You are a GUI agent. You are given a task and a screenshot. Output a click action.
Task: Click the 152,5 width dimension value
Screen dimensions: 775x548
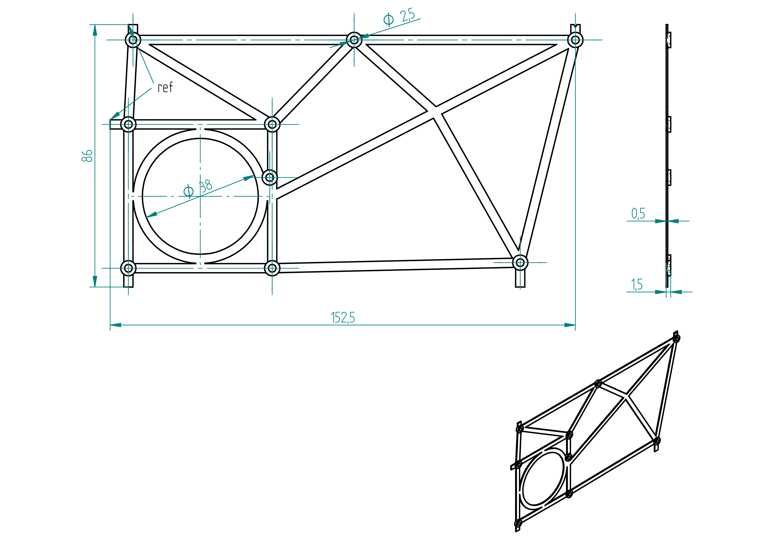(x=343, y=318)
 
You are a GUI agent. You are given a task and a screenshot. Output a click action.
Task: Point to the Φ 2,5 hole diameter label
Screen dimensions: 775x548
(x=399, y=17)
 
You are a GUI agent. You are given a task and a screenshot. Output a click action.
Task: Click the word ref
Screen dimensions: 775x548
(x=165, y=87)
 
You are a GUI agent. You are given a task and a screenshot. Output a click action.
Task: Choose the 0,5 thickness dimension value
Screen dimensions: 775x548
(x=638, y=213)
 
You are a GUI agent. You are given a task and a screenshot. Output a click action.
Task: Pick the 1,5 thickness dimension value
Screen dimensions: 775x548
(x=637, y=284)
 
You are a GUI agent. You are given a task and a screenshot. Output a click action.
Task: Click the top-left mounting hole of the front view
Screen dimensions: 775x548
(x=133, y=40)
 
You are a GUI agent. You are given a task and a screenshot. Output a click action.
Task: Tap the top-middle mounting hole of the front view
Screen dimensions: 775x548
(x=354, y=40)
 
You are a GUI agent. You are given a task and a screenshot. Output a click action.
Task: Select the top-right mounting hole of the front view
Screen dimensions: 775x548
(x=576, y=40)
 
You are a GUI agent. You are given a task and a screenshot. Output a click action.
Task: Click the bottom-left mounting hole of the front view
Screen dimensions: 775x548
(x=128, y=268)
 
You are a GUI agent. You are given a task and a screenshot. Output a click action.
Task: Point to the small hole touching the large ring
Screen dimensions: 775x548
(x=270, y=177)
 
